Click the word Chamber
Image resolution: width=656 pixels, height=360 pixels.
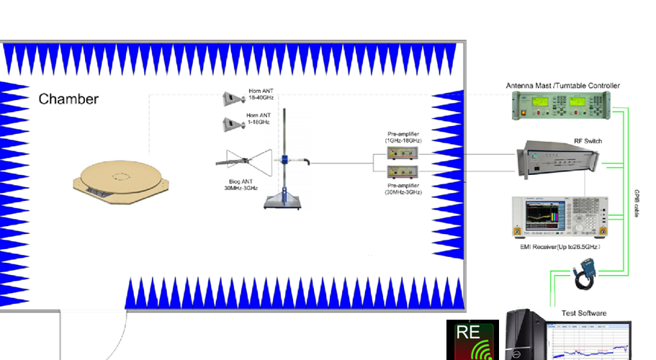click(68, 99)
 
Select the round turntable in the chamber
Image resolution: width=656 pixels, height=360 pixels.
click(122, 180)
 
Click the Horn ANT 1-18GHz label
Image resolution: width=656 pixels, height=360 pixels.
click(259, 119)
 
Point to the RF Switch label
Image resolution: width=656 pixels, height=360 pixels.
click(588, 141)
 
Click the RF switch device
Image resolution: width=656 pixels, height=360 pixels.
click(559, 161)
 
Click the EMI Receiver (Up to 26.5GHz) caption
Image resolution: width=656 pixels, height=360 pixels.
click(560, 247)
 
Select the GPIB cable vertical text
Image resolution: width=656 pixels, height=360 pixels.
click(637, 204)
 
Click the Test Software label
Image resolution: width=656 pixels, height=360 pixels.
click(584, 313)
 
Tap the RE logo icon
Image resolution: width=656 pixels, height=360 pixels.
click(472, 340)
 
